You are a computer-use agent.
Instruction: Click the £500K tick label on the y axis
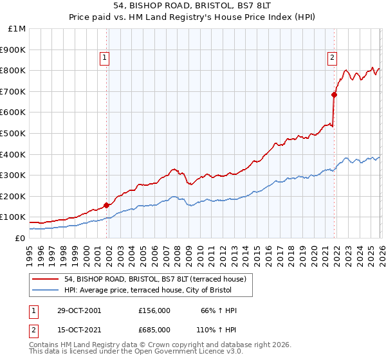pos(14,133)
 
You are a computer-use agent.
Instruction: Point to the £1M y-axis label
pos(17,28)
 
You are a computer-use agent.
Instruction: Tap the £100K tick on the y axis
pos(14,217)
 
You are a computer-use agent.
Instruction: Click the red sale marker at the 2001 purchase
pos(106,205)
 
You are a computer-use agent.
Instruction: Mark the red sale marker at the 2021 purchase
pos(334,94)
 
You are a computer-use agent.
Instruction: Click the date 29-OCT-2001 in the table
pos(79,310)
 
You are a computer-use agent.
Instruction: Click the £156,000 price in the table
pos(154,310)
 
